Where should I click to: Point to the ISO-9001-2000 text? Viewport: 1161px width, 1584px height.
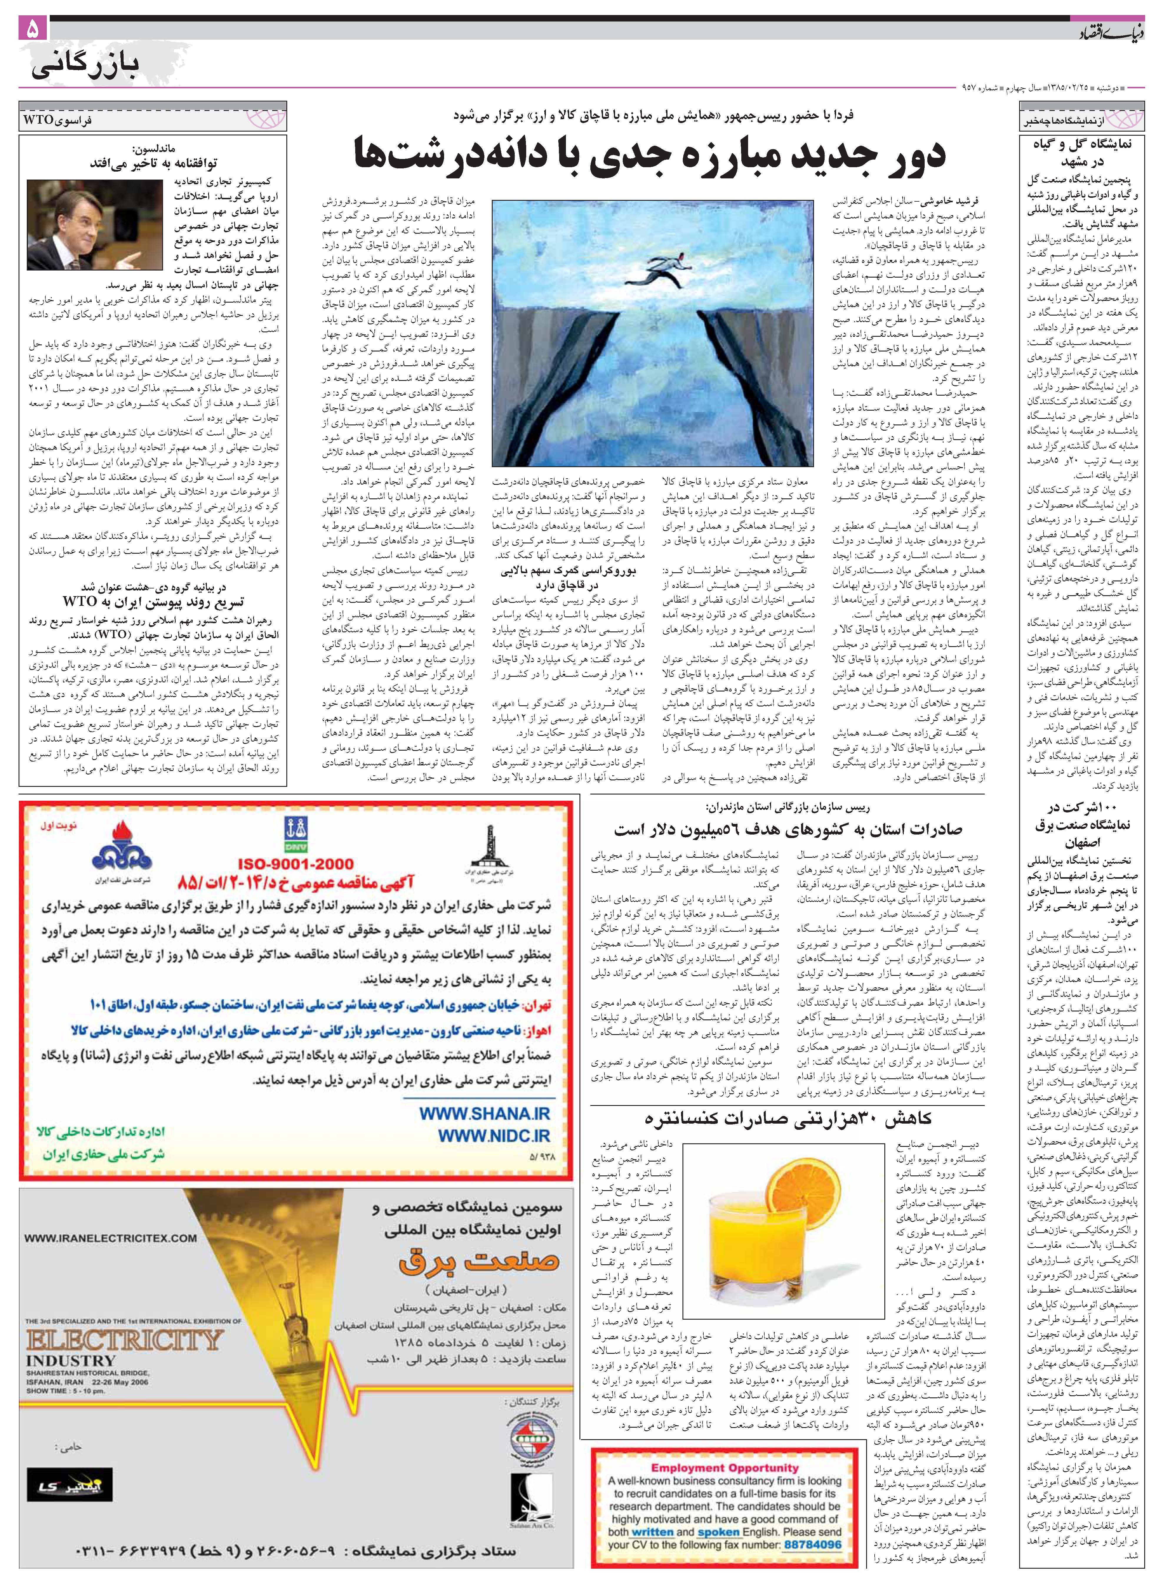pos(296,864)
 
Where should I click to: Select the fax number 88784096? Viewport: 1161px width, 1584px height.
pos(813,1545)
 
